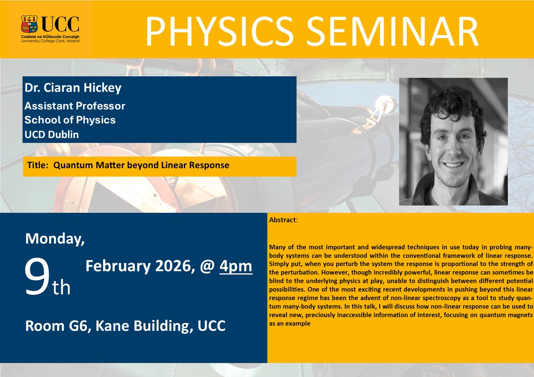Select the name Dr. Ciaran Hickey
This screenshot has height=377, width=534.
click(x=73, y=88)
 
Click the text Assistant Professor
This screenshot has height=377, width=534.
click(x=75, y=106)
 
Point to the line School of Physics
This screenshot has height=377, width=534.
click(x=70, y=120)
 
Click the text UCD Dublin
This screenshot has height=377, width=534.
click(x=52, y=134)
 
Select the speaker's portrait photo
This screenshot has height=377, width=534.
click(x=453, y=141)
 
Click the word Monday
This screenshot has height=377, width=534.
click(x=54, y=239)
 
